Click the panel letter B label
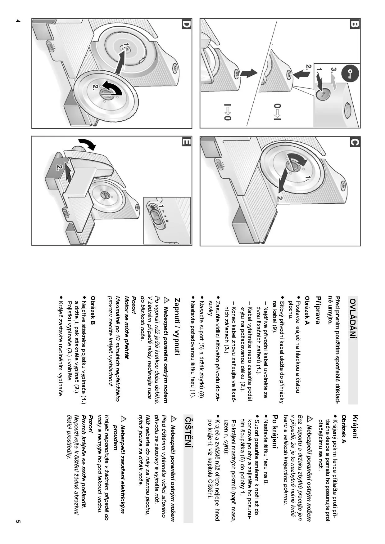pyautogui.click(x=354, y=24)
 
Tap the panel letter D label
pyautogui.click(x=186, y=24)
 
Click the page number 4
pyautogui.click(x=18, y=21)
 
